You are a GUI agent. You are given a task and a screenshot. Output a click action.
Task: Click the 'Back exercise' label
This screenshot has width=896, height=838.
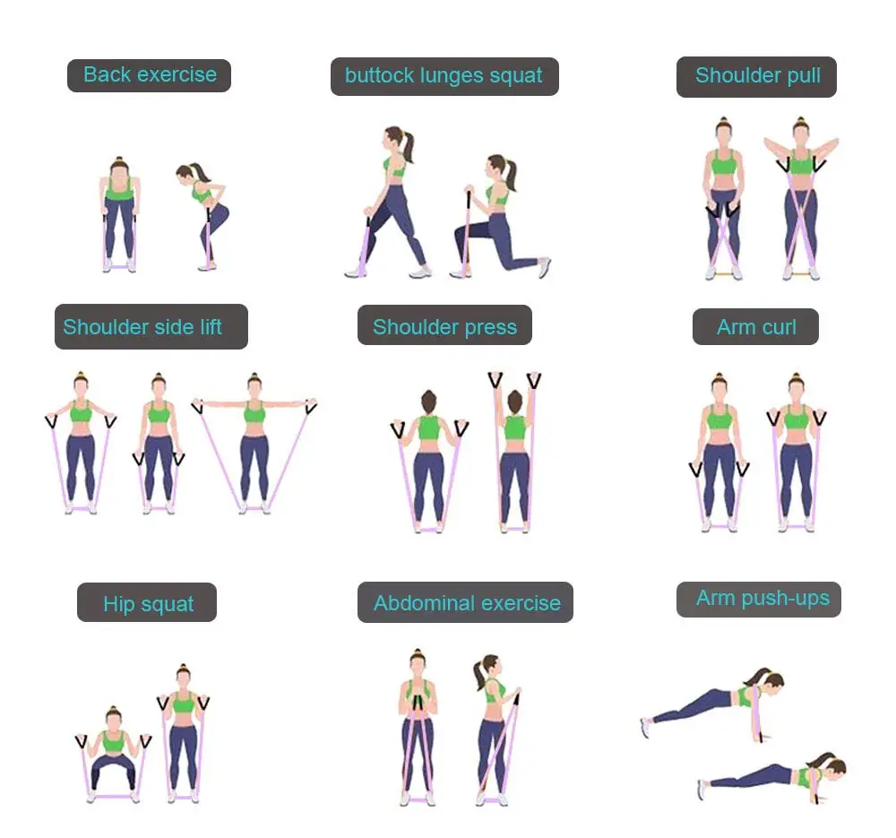pyautogui.click(x=150, y=74)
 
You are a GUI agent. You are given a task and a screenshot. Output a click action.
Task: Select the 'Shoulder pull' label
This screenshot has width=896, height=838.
pyautogui.click(x=757, y=76)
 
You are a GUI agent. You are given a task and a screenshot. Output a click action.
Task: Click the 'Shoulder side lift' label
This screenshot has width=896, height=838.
pyautogui.click(x=142, y=327)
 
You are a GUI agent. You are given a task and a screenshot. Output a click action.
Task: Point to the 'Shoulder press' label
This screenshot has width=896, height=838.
pyautogui.click(x=444, y=327)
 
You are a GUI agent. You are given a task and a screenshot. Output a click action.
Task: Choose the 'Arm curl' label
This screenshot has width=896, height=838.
pyautogui.click(x=755, y=327)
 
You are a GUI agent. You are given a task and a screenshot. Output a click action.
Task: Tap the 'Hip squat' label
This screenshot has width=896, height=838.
pyautogui.click(x=148, y=603)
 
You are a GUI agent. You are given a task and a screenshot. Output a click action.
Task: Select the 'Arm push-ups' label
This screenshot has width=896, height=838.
pyautogui.click(x=762, y=599)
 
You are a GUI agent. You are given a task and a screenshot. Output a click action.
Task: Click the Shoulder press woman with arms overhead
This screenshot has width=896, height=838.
pyautogui.click(x=514, y=448)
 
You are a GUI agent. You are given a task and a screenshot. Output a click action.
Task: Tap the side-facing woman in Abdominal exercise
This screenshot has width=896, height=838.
pyautogui.click(x=493, y=726)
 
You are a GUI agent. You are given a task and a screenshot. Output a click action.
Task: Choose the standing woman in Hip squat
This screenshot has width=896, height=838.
pyautogui.click(x=184, y=730)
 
